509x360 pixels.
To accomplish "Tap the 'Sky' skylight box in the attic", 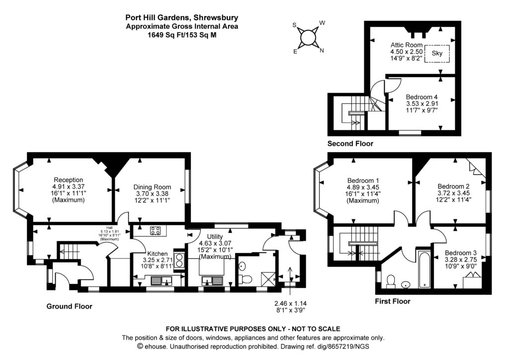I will click(437, 53).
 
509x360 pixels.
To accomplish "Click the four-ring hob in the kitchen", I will click(155, 230).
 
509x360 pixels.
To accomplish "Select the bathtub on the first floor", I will click(424, 270).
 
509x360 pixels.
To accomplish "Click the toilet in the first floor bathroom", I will click(391, 281).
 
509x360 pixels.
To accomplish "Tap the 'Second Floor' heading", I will click(350, 144).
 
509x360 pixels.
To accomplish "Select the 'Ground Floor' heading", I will click(69, 306).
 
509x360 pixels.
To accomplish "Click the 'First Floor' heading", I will click(392, 301).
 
